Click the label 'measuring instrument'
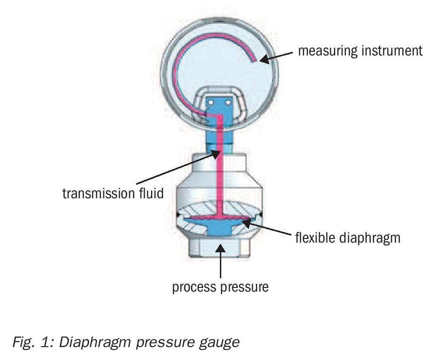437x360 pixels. click(360, 50)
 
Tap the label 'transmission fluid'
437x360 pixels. click(113, 193)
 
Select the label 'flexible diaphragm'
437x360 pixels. click(347, 238)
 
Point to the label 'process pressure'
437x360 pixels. click(220, 287)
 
